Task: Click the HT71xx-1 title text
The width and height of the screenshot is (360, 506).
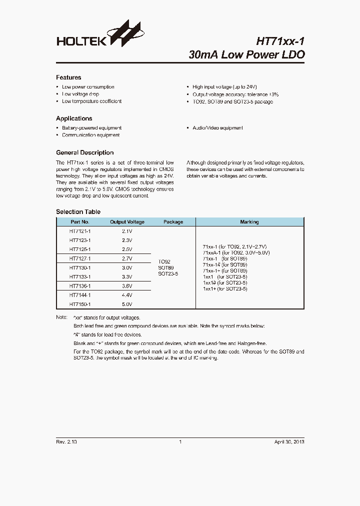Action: point(280,40)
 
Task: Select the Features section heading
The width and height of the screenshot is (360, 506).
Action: point(68,77)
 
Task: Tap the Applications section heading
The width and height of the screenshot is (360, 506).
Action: point(74,118)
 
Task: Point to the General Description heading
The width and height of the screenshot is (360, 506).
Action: point(84,152)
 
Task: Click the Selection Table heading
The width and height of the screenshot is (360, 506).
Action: point(78,212)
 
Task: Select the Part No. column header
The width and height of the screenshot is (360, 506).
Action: point(80,222)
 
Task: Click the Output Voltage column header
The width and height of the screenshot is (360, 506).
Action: point(127,222)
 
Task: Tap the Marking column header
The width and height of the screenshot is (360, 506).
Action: point(249,222)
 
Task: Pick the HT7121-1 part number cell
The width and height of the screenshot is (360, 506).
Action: point(80,231)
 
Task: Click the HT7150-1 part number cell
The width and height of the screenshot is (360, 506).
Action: point(80,304)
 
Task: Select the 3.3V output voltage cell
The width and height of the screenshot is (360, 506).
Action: point(127,276)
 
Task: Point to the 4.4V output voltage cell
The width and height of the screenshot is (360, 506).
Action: point(127,295)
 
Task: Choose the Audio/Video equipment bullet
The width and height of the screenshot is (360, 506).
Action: point(217,128)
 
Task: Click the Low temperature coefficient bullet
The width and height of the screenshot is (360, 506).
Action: point(91,101)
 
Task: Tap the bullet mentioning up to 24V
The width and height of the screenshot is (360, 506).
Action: point(224,87)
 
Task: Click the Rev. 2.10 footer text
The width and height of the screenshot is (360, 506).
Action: point(66,442)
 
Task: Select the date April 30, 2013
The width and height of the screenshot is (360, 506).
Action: point(289,442)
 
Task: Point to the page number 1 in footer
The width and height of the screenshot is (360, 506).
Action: point(180,442)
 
